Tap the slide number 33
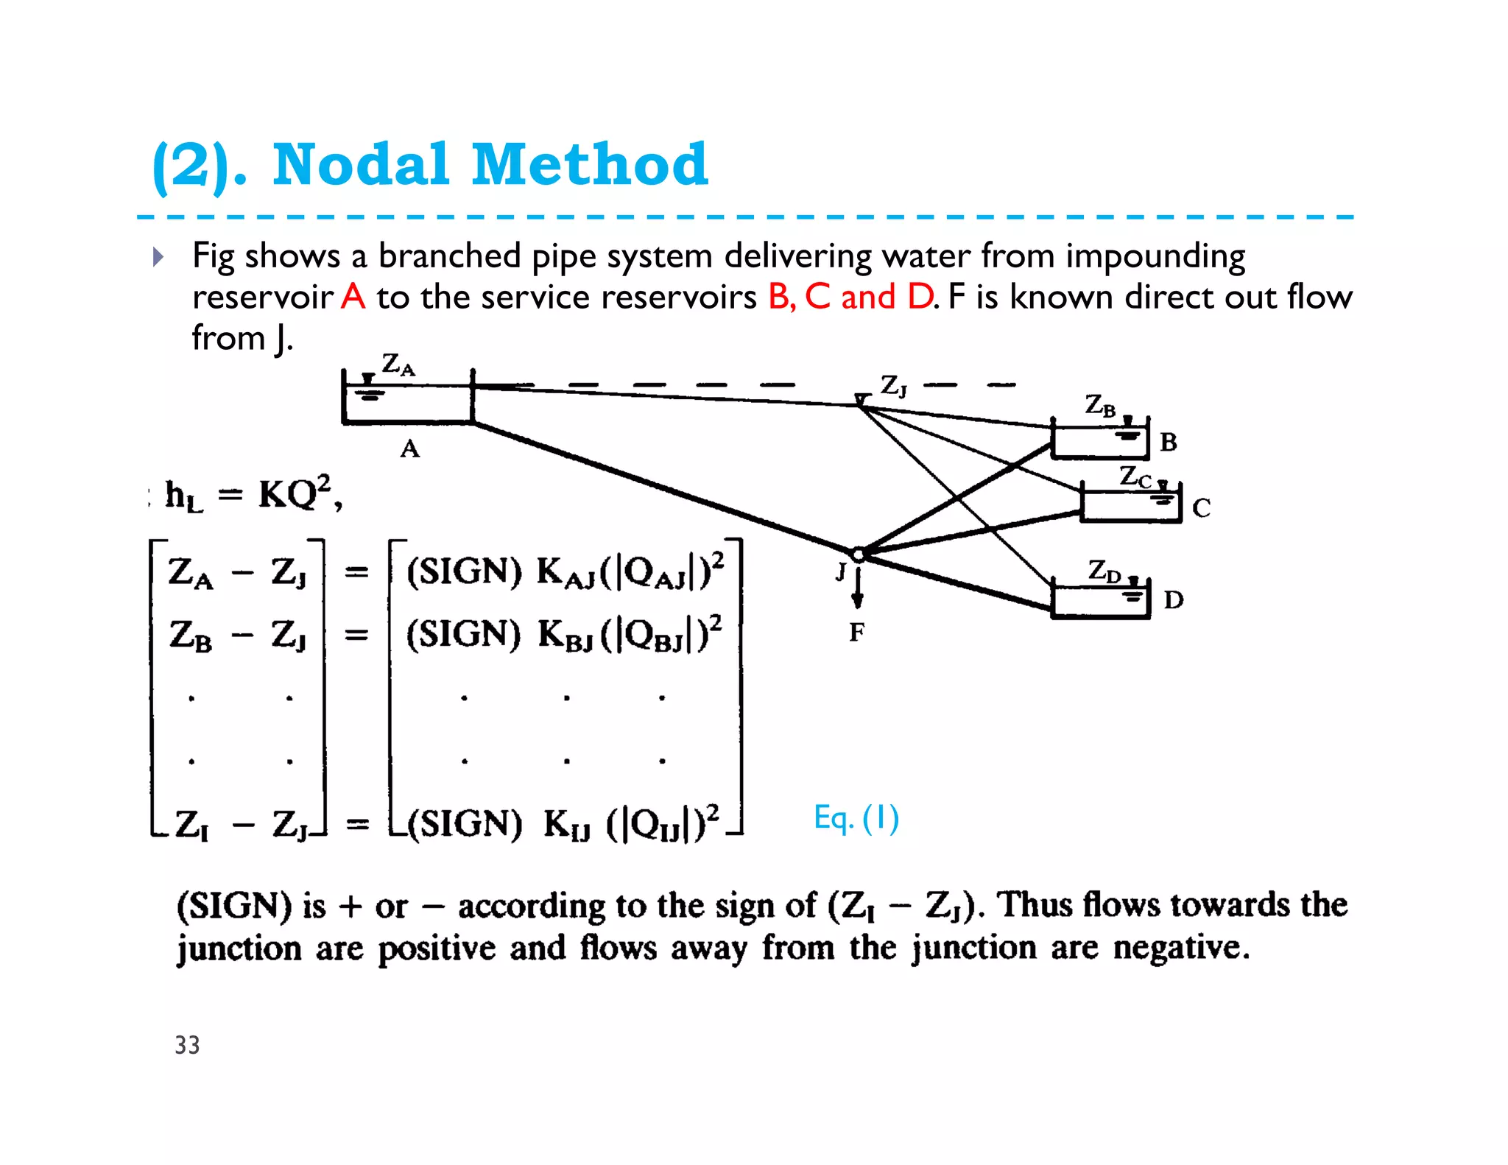click(187, 1045)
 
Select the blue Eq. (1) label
click(856, 818)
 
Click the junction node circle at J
click(858, 554)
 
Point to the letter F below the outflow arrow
click(856, 632)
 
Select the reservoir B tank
click(1099, 442)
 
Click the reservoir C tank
click(1130, 504)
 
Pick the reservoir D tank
click(1100, 601)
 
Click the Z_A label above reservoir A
click(398, 365)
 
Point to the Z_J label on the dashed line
click(893, 385)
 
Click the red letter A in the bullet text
click(353, 297)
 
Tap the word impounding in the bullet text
click(1155, 256)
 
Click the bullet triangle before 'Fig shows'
click(158, 257)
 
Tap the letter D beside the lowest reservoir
click(1173, 600)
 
